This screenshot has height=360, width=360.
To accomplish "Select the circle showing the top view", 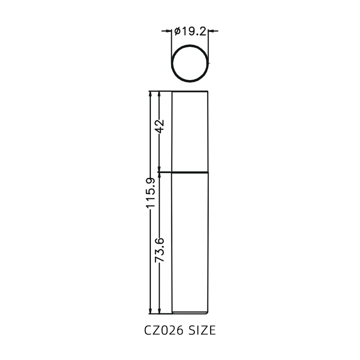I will point(190,63).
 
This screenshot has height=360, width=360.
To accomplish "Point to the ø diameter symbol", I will point(177,31).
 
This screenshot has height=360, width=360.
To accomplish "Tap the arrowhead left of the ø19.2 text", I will point(169,31).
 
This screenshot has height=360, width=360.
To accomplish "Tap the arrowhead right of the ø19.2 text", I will point(211,31).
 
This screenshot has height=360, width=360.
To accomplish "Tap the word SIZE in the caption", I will point(202,331).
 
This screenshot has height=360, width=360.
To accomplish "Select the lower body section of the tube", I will point(191,243).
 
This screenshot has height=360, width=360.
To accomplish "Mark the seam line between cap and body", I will point(191,172).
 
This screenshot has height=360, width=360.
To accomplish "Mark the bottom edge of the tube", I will point(191,313).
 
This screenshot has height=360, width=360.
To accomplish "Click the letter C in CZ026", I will point(148,331).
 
